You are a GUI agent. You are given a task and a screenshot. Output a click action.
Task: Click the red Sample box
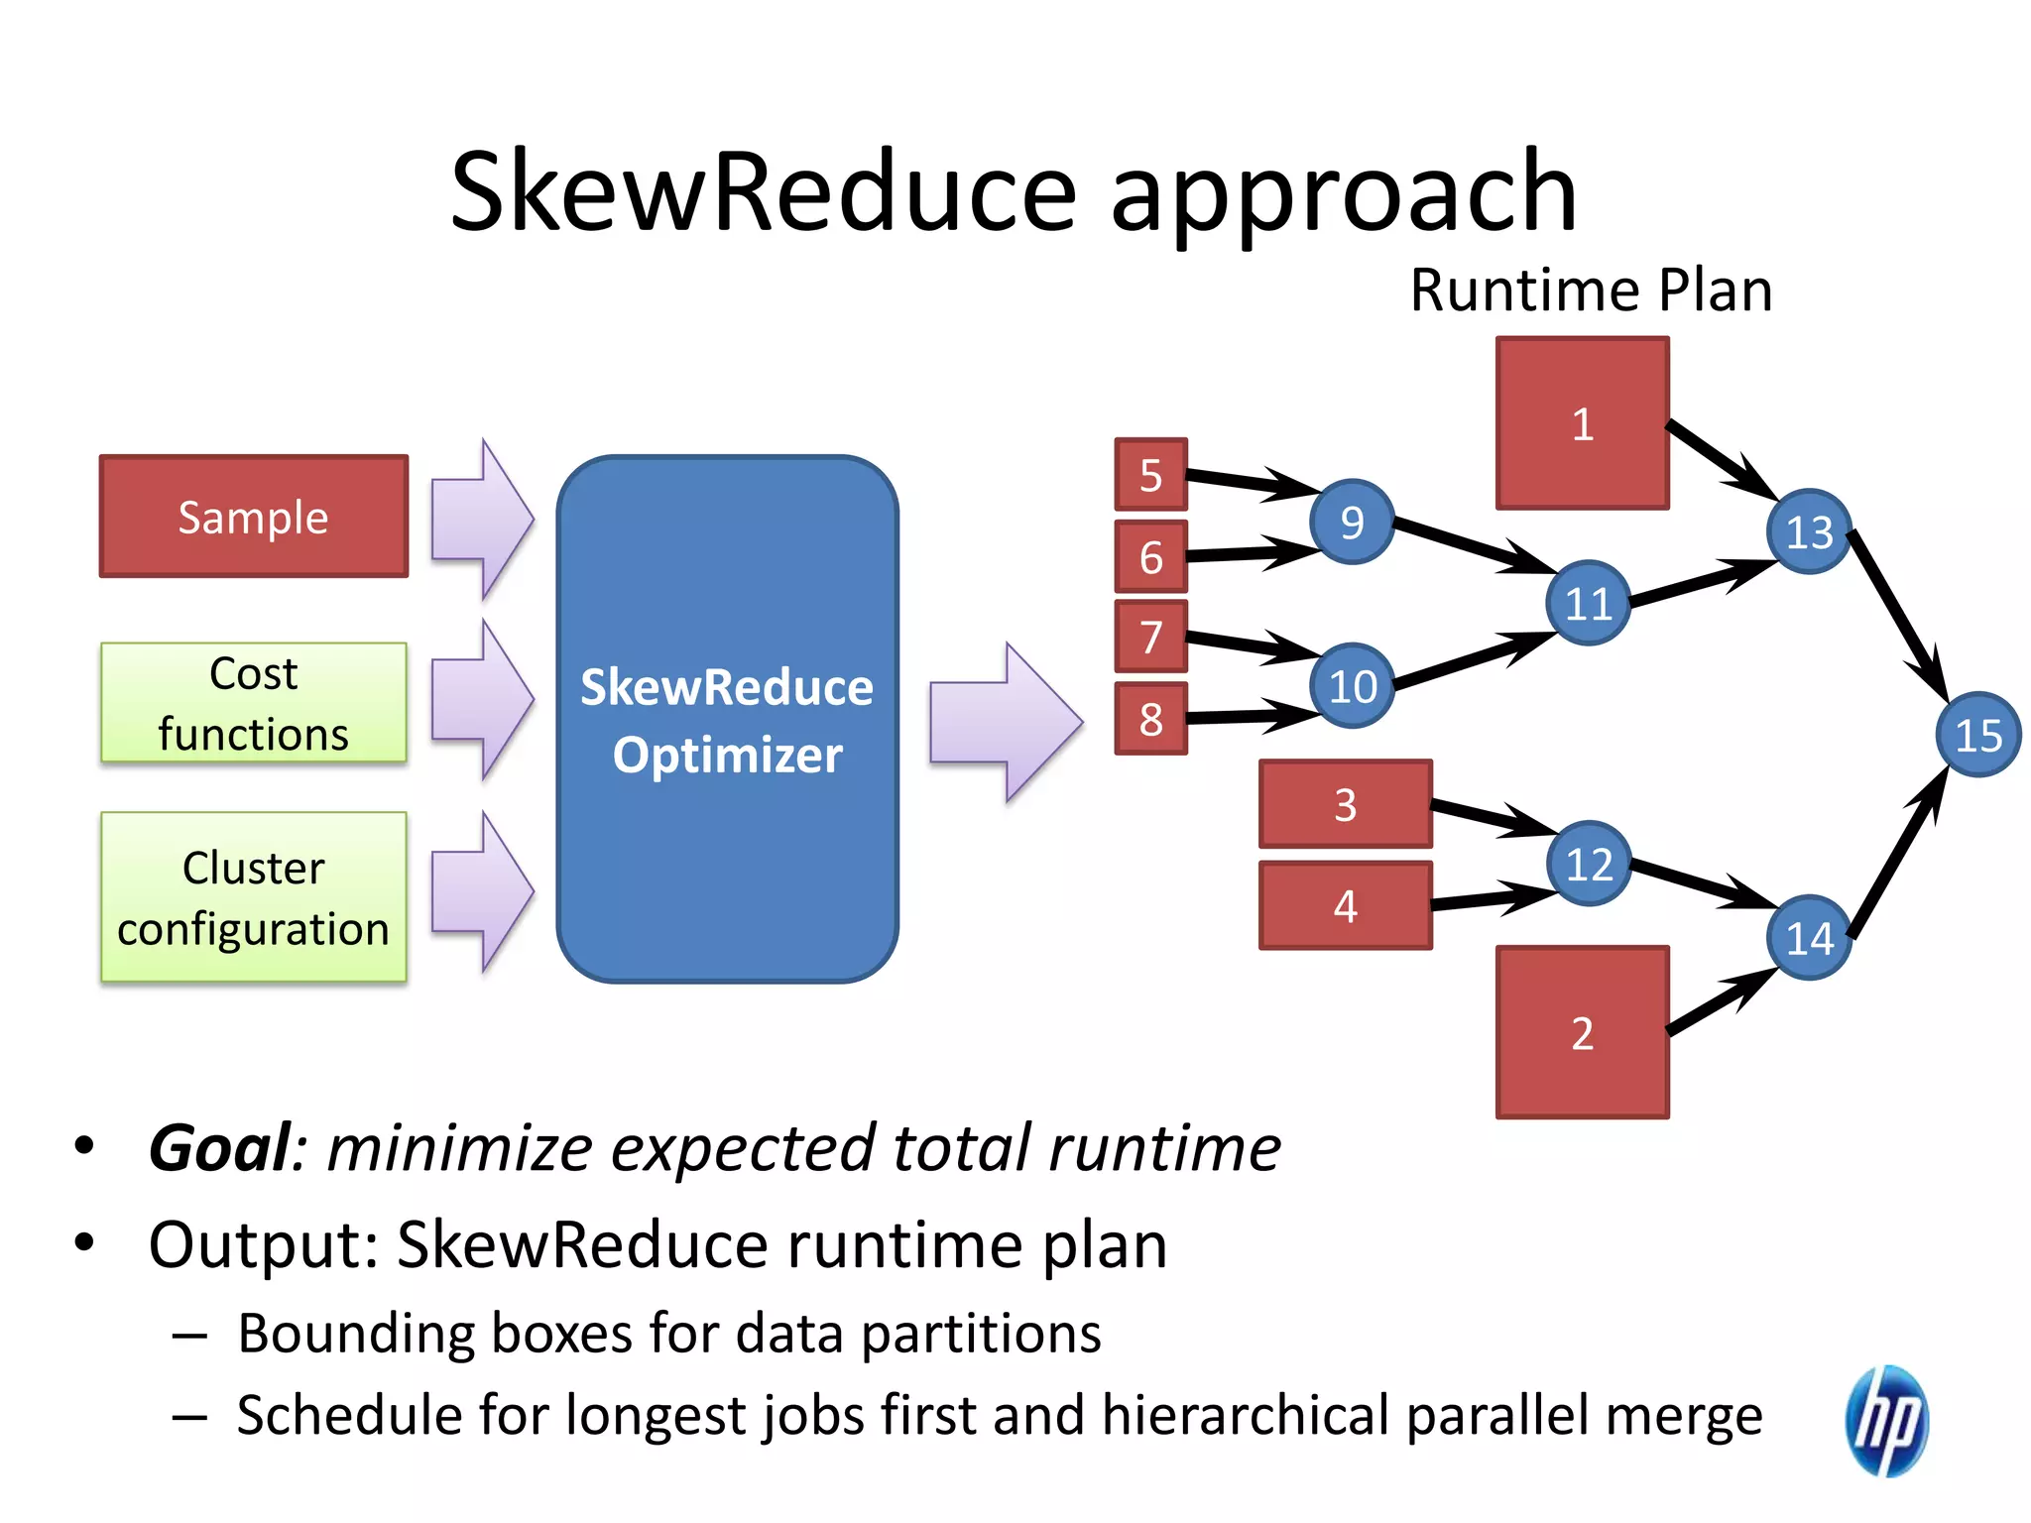click(x=254, y=517)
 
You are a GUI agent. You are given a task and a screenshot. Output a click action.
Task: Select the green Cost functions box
click(x=254, y=703)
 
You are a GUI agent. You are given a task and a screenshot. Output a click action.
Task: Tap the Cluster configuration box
click(x=254, y=897)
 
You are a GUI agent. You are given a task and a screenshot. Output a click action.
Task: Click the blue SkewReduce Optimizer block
click(x=727, y=719)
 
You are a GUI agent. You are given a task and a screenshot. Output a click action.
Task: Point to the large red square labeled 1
click(x=1583, y=423)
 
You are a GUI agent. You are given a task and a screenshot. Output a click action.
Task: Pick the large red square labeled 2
click(x=1583, y=1032)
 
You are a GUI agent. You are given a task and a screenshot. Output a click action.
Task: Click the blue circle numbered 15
click(x=1977, y=735)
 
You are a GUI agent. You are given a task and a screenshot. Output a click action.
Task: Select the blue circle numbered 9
click(x=1352, y=522)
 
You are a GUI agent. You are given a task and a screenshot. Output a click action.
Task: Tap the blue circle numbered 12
click(x=1589, y=864)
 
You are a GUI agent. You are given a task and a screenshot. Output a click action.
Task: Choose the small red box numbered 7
click(x=1150, y=636)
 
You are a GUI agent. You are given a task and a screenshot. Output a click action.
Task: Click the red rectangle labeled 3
click(x=1346, y=804)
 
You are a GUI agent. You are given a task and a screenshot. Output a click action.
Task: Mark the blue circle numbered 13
click(x=1809, y=531)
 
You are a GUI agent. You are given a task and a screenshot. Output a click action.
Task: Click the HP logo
click(x=1886, y=1420)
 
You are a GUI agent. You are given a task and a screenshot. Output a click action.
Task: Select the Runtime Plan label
click(x=1591, y=291)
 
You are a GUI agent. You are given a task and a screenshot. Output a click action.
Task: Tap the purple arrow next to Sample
click(x=482, y=519)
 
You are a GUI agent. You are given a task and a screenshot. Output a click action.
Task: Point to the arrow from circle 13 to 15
click(x=1896, y=615)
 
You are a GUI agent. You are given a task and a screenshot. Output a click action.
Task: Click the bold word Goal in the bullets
click(x=220, y=1148)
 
